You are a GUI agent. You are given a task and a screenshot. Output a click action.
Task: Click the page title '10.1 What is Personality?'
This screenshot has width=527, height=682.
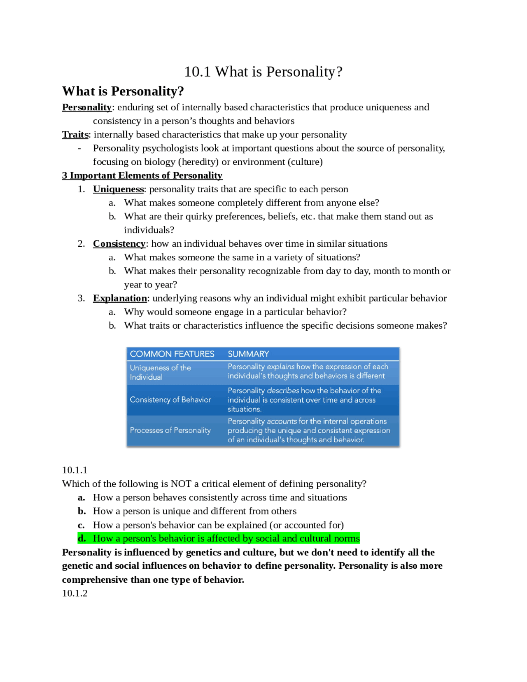(x=263, y=72)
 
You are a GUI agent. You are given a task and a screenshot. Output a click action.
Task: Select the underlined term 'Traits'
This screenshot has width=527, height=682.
(x=75, y=135)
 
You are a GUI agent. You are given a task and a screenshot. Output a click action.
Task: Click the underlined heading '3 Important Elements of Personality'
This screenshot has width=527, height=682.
(x=142, y=175)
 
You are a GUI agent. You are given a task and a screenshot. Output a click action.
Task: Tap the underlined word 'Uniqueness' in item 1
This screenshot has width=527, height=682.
(x=119, y=189)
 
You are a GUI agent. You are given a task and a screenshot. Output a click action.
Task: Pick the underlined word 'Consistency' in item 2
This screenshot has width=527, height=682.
(x=119, y=244)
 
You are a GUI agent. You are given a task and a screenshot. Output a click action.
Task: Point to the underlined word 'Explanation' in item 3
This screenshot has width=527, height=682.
(x=120, y=298)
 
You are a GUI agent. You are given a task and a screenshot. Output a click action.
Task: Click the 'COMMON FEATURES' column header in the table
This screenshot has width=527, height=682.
(x=172, y=354)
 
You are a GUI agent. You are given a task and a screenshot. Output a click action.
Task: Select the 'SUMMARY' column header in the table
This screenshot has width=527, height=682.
(x=248, y=354)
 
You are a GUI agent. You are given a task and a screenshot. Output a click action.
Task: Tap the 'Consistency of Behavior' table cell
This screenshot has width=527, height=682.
(x=170, y=399)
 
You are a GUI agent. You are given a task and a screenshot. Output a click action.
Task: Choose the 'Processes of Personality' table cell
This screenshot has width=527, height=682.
(x=170, y=430)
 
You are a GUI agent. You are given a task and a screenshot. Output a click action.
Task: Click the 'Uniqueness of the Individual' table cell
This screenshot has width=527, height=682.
(x=160, y=372)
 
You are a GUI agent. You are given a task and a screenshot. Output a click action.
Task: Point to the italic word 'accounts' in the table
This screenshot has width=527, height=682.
(x=282, y=421)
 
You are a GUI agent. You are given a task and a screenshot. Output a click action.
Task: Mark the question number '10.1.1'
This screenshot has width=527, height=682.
(x=75, y=470)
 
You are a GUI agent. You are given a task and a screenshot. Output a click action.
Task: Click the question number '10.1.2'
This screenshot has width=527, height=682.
(x=75, y=593)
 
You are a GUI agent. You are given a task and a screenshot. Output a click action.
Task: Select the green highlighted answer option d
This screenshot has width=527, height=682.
(x=226, y=538)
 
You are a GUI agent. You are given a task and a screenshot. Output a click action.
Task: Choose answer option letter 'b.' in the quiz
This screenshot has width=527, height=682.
(x=82, y=511)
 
